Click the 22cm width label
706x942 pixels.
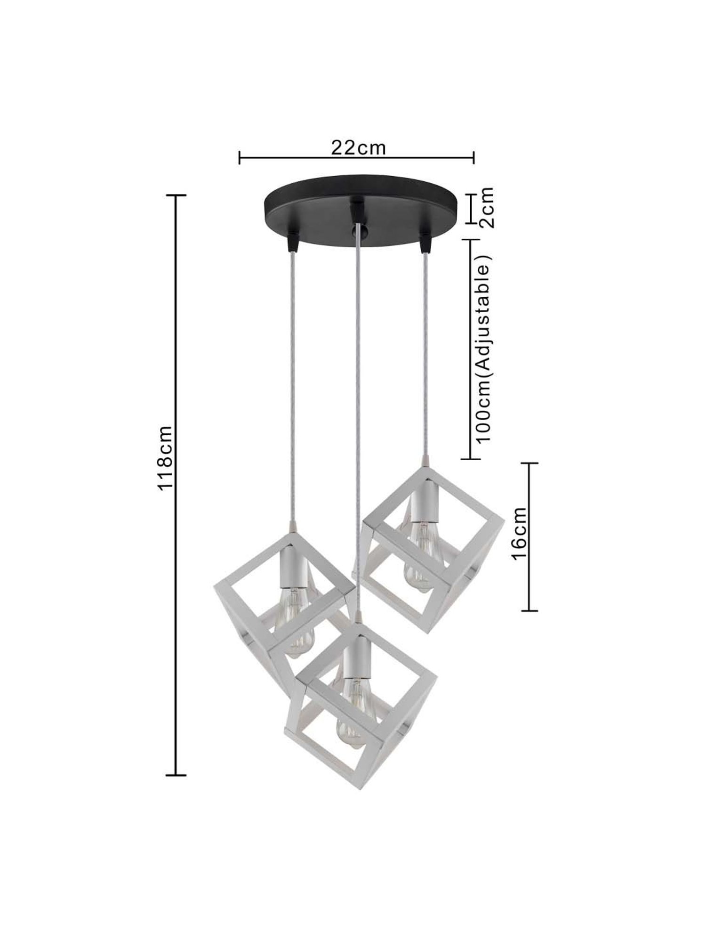coord(358,147)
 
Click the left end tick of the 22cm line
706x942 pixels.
coord(240,158)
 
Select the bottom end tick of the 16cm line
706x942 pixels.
coord(530,611)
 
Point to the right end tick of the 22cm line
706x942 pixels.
coord(473,158)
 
